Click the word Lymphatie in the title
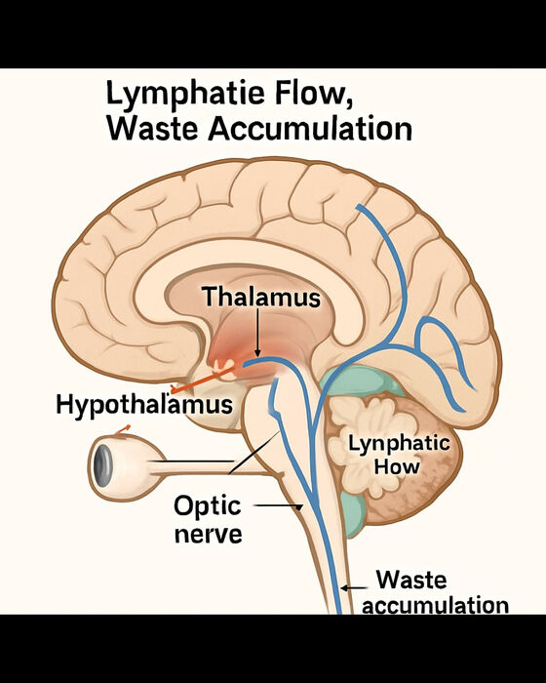pyautogui.click(x=185, y=94)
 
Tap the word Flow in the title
pyautogui.click(x=313, y=93)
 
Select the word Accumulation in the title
pyautogui.click(x=310, y=129)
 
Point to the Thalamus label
pyautogui.click(x=261, y=297)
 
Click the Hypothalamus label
pyautogui.click(x=144, y=405)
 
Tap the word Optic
pyautogui.click(x=208, y=506)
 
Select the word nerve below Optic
pyautogui.click(x=208, y=534)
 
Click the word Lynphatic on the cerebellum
pyautogui.click(x=399, y=444)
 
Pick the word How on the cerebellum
pyautogui.click(x=396, y=466)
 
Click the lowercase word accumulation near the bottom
pyautogui.click(x=436, y=606)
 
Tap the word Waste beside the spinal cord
pyautogui.click(x=411, y=580)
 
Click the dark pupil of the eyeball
pyautogui.click(x=102, y=467)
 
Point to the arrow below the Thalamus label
pyautogui.click(x=257, y=334)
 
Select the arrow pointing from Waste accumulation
pyautogui.click(x=354, y=588)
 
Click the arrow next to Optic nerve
pyautogui.click(x=278, y=506)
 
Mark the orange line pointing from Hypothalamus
pyautogui.click(x=204, y=379)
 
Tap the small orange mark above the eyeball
pyautogui.click(x=122, y=429)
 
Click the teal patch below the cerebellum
pyautogui.click(x=352, y=515)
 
